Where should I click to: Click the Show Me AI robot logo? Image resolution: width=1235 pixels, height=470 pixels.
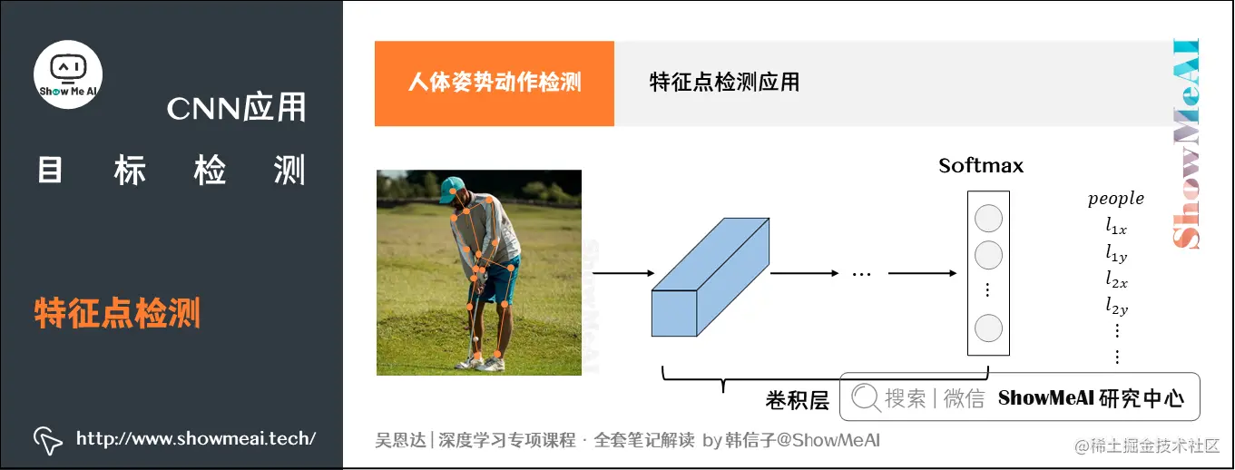(68, 72)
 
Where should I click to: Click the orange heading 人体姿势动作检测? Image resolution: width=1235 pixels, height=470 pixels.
(495, 83)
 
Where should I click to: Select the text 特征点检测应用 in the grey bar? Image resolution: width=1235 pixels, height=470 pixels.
(724, 83)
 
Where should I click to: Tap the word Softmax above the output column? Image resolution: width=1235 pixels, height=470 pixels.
(981, 166)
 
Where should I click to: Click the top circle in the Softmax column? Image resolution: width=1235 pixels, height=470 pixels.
(988, 219)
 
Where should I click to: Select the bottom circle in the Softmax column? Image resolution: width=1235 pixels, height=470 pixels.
(988, 328)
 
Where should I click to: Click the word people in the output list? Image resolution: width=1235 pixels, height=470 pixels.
(1115, 199)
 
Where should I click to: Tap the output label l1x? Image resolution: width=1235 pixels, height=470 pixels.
(1116, 226)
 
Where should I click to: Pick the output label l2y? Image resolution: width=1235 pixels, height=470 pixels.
(1116, 306)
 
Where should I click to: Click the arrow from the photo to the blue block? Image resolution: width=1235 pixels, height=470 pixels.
(622, 273)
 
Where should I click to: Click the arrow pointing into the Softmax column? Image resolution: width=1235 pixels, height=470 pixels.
(922, 273)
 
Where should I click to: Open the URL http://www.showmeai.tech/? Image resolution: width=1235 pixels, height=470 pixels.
(196, 439)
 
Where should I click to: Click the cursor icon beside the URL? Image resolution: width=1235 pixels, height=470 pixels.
(47, 440)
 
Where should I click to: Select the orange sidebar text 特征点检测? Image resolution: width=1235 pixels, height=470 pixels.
(117, 314)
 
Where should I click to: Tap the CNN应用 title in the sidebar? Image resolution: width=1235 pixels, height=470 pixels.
(236, 109)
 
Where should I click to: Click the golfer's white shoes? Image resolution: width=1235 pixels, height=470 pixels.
(481, 363)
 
